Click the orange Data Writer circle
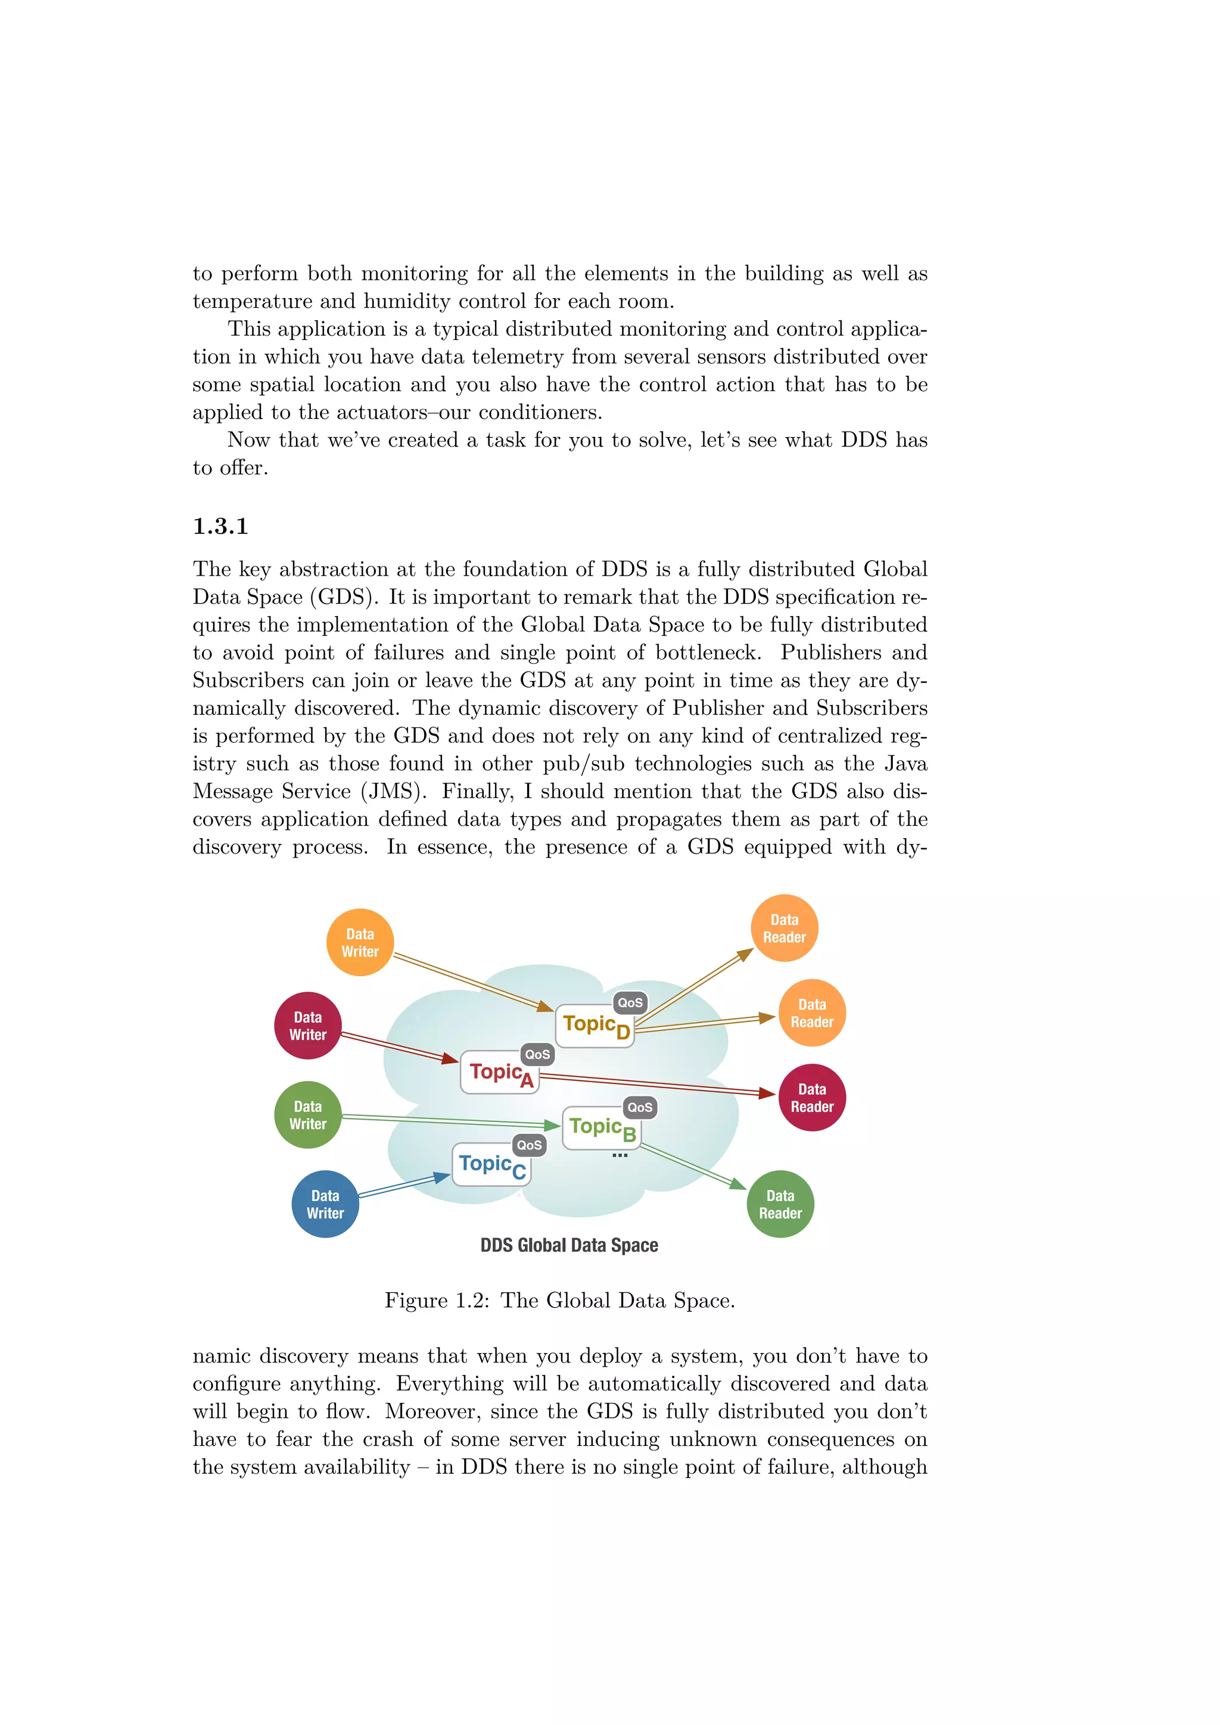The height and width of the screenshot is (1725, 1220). [x=359, y=942]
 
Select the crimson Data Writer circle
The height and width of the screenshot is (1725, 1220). [x=307, y=1026]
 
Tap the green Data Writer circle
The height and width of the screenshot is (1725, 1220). [x=307, y=1115]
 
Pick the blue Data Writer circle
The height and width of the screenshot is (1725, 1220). [x=325, y=1204]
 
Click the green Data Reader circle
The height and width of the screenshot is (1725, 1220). [x=780, y=1204]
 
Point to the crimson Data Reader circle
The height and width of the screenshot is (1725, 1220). [x=811, y=1098]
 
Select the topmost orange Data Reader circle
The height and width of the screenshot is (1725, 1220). [x=784, y=928]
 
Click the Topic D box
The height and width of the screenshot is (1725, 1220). [x=595, y=1026]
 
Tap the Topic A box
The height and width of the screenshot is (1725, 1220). [x=499, y=1073]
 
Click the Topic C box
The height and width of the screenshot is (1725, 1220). [x=491, y=1165]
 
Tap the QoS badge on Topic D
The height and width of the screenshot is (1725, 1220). [x=630, y=1002]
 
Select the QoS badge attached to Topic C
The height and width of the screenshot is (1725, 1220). [x=528, y=1145]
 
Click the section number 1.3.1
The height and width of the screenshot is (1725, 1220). [x=220, y=526]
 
